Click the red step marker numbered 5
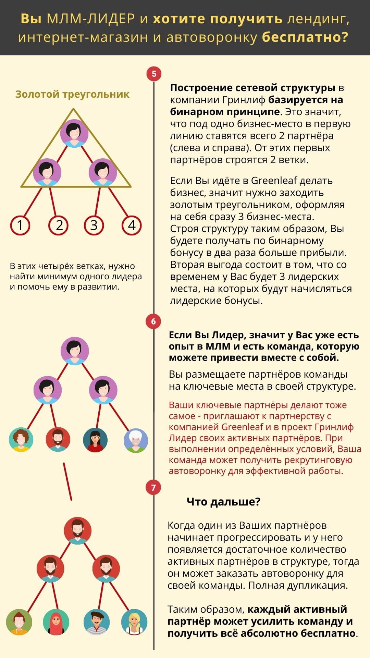coord(154,74)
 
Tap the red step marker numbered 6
coord(153,321)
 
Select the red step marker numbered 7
coord(153,488)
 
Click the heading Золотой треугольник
coord(72,94)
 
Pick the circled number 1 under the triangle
coord(20,225)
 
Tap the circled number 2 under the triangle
coord(59,225)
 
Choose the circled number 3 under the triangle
coord(94,225)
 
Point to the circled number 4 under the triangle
coord(132,225)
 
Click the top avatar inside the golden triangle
coord(74,133)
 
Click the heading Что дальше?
coord(223,502)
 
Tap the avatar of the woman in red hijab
coord(56,622)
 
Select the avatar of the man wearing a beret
coord(97,622)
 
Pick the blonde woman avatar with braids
coord(134,622)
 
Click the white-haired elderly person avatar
coord(136,440)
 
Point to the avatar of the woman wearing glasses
coord(95,440)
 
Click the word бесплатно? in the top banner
coord(305,37)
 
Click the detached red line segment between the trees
coord(67,482)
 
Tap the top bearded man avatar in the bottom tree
coord(78,531)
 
